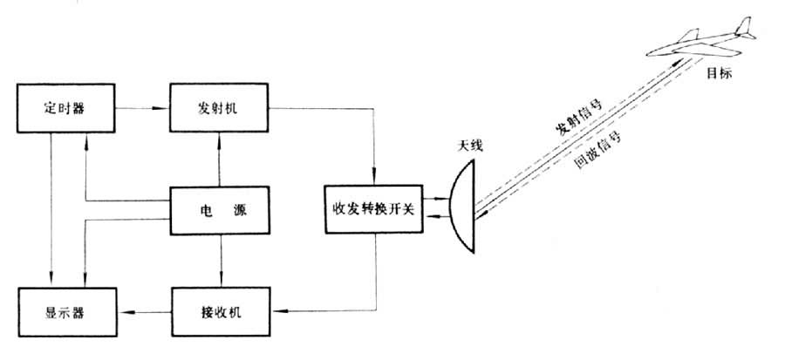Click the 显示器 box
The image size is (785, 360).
click(x=54, y=310)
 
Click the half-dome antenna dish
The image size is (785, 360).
click(x=465, y=208)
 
